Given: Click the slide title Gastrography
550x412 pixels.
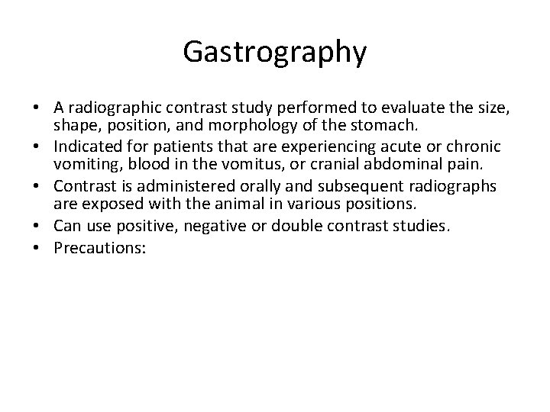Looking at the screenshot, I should tap(275, 52).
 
